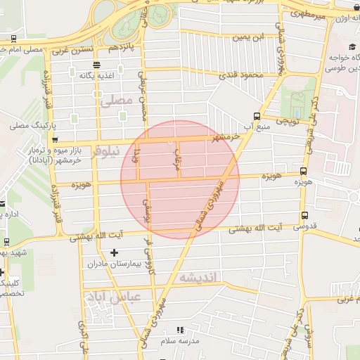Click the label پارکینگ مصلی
[29, 127]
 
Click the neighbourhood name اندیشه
[200, 278]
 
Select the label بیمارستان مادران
[115, 264]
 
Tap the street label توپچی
[287, 121]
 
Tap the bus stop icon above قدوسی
[304, 215]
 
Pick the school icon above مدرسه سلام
[181, 329]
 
